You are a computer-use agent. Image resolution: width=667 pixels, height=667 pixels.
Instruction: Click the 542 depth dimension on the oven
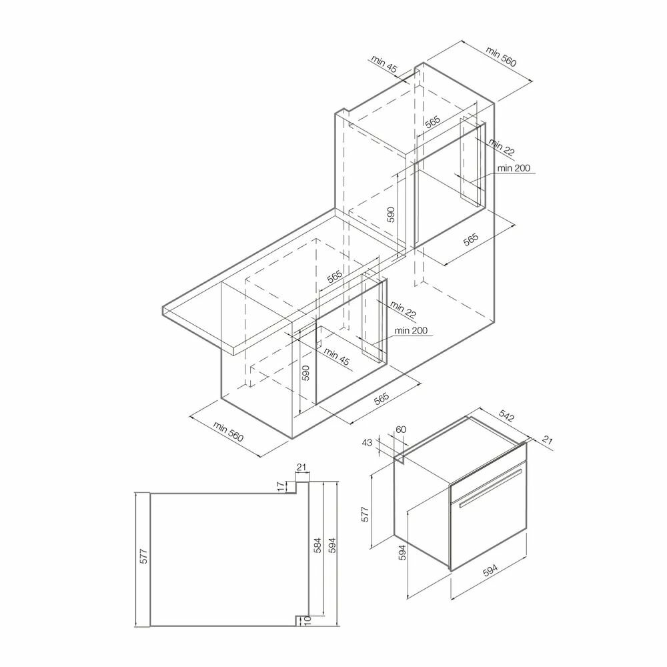point(507,415)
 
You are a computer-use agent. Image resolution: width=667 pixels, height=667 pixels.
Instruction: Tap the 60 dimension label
point(401,429)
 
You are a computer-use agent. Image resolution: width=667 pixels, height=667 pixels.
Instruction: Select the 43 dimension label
point(367,442)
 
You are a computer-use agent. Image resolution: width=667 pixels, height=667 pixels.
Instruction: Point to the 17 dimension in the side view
point(281,487)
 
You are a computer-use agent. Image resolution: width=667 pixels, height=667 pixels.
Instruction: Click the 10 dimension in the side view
point(308,622)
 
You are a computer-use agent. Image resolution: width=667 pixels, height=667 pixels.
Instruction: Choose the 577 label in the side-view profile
point(144,556)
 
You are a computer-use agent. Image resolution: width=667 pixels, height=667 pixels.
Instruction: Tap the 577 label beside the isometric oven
point(365,514)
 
